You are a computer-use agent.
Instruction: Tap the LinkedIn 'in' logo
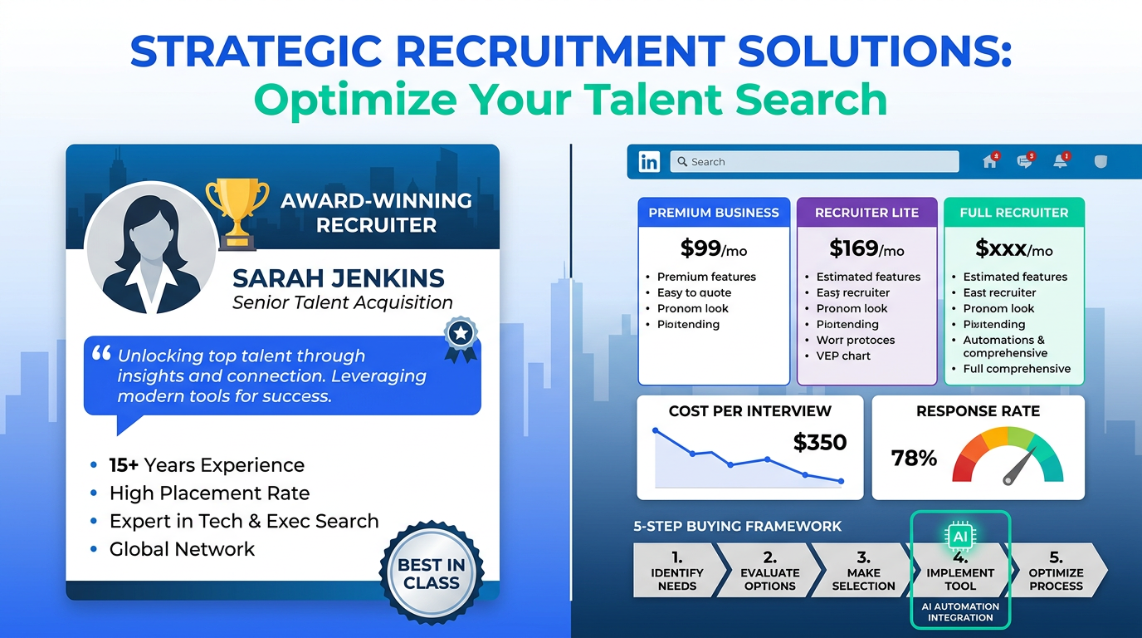coord(649,162)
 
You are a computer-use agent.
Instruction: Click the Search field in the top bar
coord(813,162)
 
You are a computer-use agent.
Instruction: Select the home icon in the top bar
coord(989,162)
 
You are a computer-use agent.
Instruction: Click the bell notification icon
coord(1060,162)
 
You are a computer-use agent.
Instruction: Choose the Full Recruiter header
coord(1013,213)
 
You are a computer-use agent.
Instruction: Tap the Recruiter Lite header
coord(866,213)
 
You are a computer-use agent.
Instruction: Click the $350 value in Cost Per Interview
coord(819,443)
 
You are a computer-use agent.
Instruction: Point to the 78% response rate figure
coord(914,458)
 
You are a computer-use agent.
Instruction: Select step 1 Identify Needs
coord(677,571)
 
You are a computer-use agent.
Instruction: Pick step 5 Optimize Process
coord(1056,571)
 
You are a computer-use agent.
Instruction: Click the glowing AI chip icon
coord(959,537)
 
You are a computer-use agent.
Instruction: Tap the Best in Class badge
coord(431,574)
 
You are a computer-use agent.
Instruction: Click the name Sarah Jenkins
coord(339,278)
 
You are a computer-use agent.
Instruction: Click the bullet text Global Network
coord(182,549)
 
